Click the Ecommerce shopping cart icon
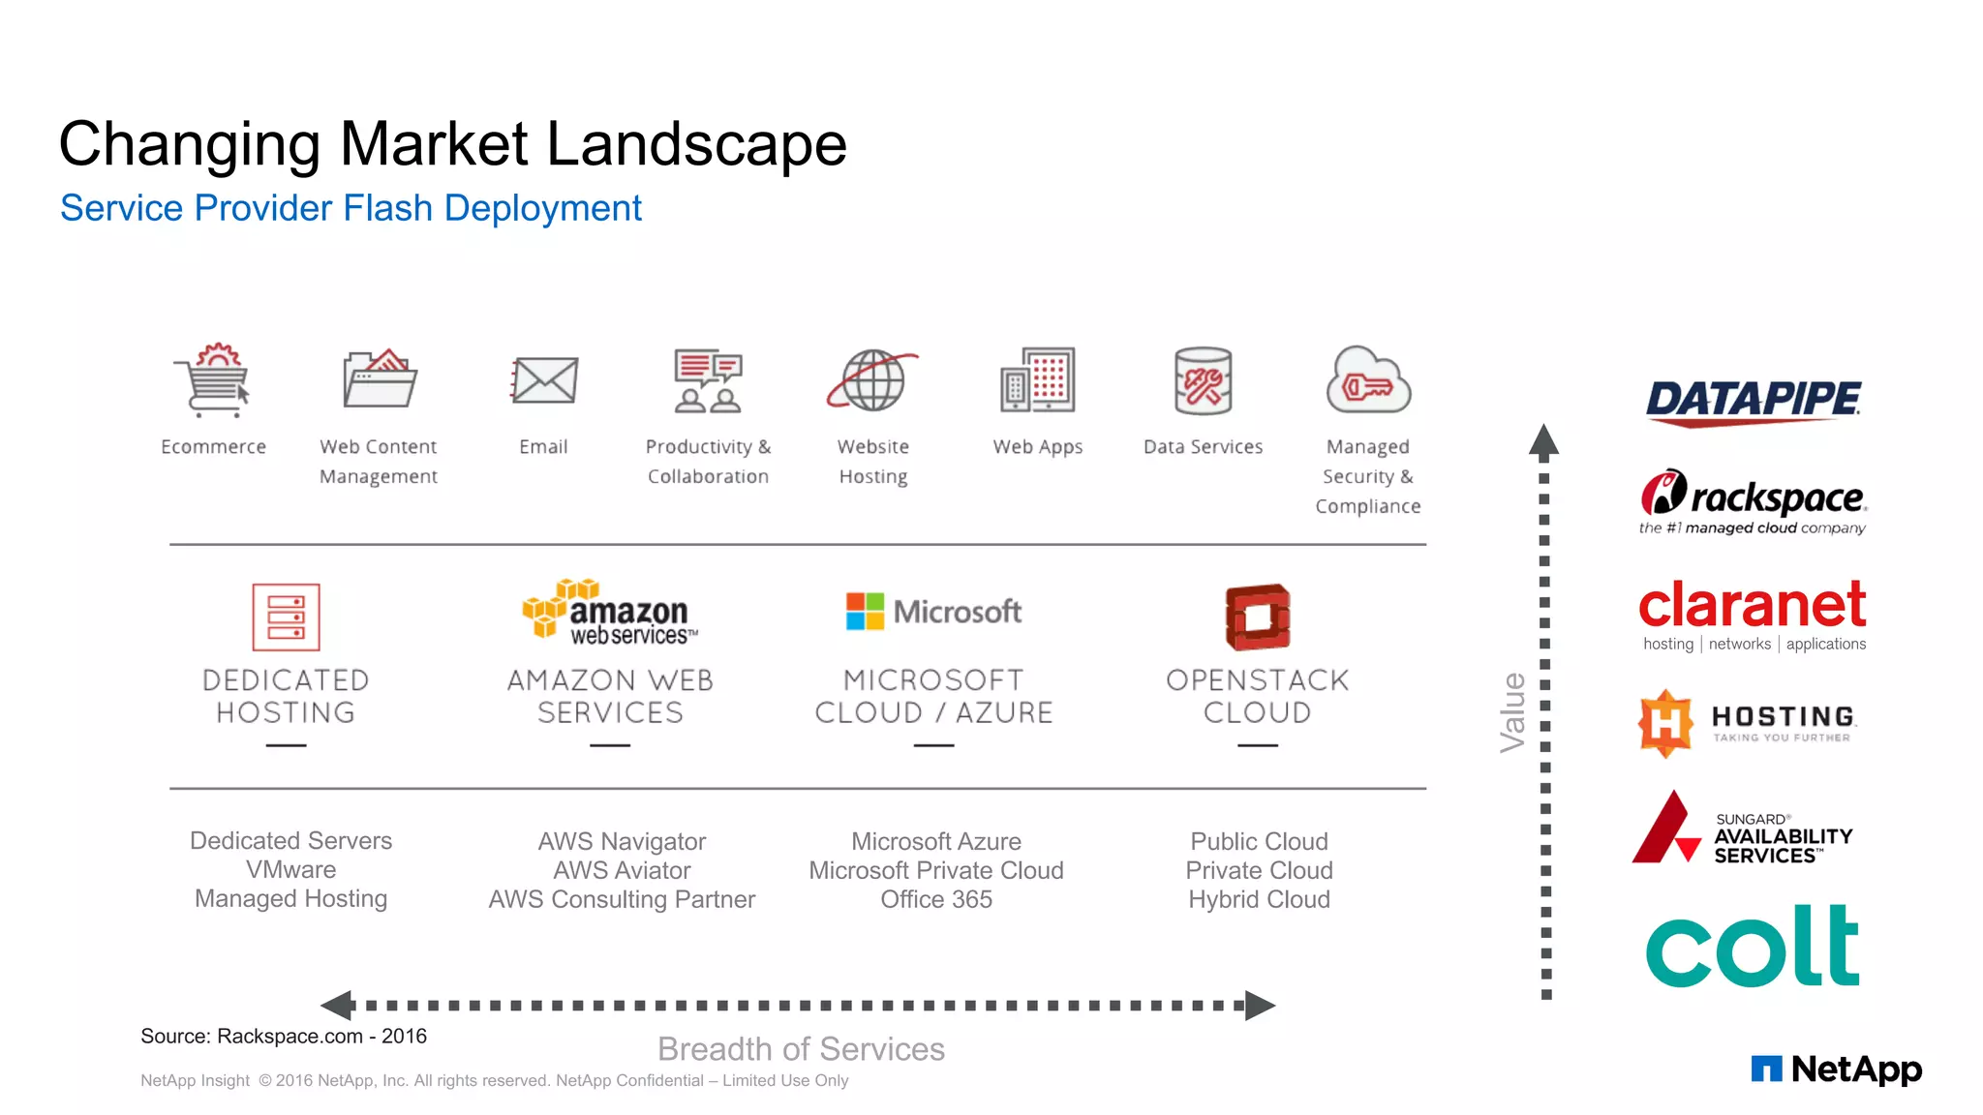pos(214,380)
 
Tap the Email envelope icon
pos(544,380)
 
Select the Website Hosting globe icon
pos(872,380)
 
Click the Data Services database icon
pos(1203,380)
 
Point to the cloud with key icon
pos(1368,380)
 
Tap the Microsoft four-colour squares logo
pos(865,612)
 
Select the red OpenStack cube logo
pos(1257,617)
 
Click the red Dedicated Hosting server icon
pos(286,617)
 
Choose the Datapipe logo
pos(1753,402)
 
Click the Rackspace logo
pos(1753,500)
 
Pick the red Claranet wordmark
pos(1753,605)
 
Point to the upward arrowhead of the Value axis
pos(1543,440)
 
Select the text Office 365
pos(936,899)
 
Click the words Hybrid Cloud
pos(1259,899)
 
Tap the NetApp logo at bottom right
pos(1836,1069)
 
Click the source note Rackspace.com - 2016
pos(284,1036)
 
